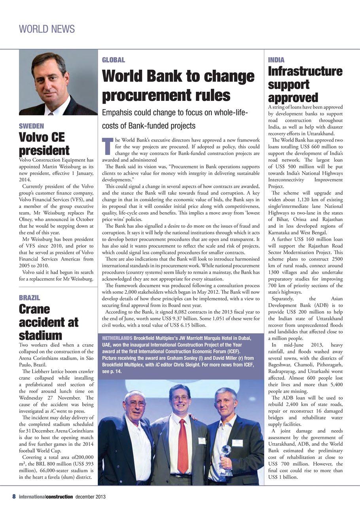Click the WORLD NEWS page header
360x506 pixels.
[x=47, y=29]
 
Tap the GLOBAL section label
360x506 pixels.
[x=113, y=60]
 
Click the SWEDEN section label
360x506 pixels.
[x=31, y=126]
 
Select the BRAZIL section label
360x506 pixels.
[x=30, y=298]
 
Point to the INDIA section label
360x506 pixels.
[x=276, y=60]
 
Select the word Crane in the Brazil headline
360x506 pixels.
[x=34, y=309]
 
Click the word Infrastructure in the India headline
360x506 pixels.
[x=305, y=72]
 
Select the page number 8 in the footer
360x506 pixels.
[x=13, y=497]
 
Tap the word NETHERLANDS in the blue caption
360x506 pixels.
[x=117, y=339]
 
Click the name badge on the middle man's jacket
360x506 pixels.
[x=202, y=441]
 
